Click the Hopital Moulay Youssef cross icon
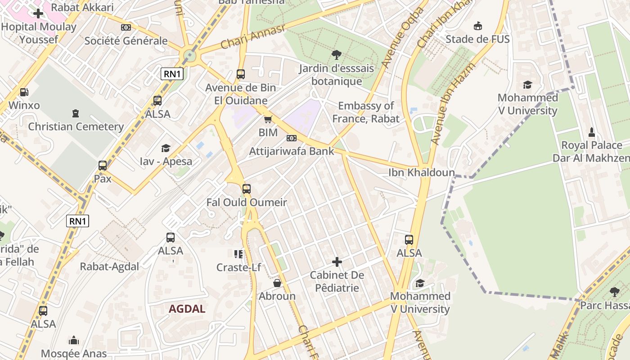pyautogui.click(x=38, y=13)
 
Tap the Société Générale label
pyautogui.click(x=126, y=40)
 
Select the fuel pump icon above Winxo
pyautogui.click(x=24, y=92)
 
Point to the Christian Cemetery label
pyautogui.click(x=76, y=126)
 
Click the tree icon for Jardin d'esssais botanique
pyautogui.click(x=336, y=55)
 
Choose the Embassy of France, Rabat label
pyautogui.click(x=366, y=112)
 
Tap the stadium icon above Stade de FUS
pyautogui.click(x=477, y=26)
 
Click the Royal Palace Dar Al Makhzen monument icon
pyautogui.click(x=592, y=132)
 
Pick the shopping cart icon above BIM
pyautogui.click(x=268, y=119)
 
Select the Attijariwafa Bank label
pyautogui.click(x=292, y=151)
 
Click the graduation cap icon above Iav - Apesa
pyautogui.click(x=166, y=148)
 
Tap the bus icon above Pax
pyautogui.click(x=103, y=165)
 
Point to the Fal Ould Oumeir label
pyautogui.click(x=247, y=202)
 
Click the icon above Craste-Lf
pyautogui.click(x=238, y=254)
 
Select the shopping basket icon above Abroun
pyautogui.click(x=277, y=283)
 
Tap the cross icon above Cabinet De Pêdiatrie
pyautogui.click(x=337, y=261)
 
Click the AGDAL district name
pyautogui.click(x=187, y=309)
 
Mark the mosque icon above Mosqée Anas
pyautogui.click(x=74, y=340)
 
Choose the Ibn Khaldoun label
pyautogui.click(x=422, y=172)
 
